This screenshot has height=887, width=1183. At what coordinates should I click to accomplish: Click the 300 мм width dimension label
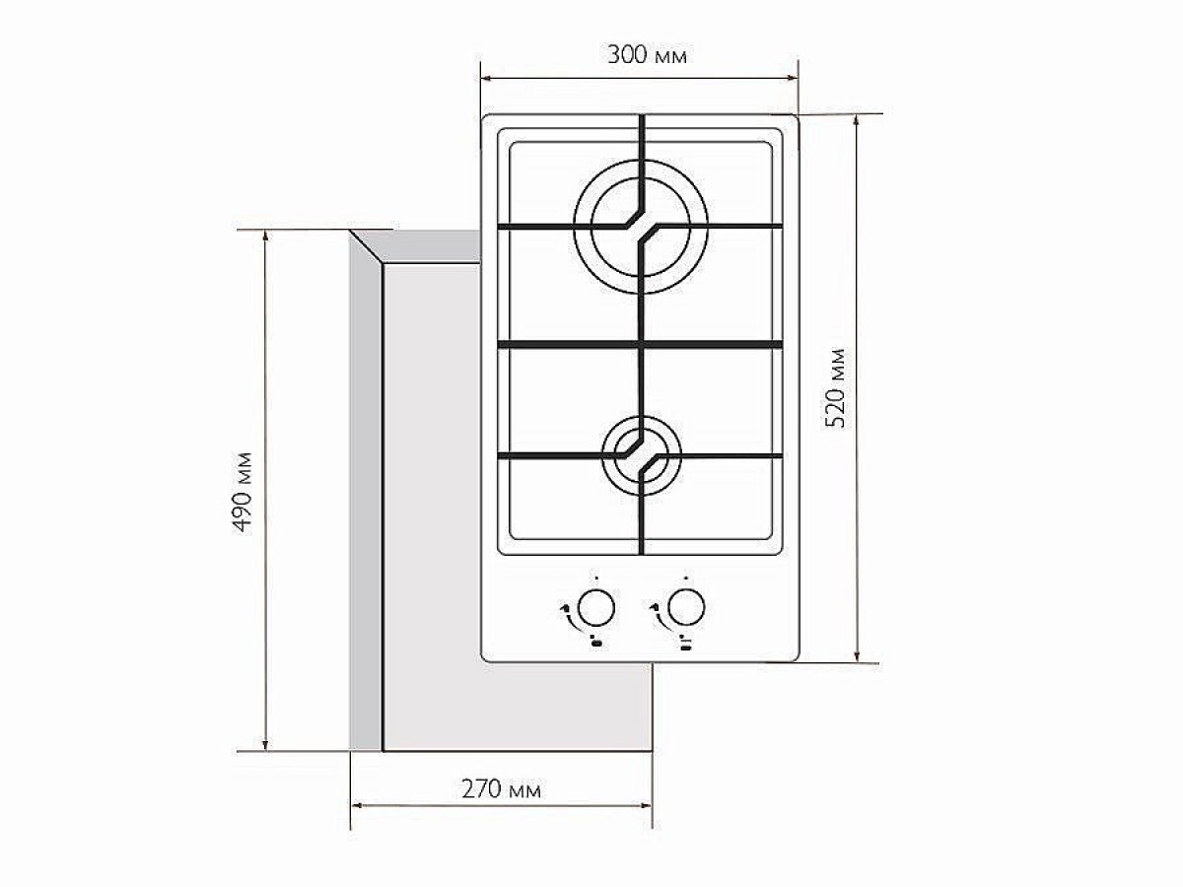tap(648, 55)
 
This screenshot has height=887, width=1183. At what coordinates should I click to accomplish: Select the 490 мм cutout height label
tap(244, 492)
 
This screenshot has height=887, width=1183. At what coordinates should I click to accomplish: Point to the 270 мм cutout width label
tap(501, 789)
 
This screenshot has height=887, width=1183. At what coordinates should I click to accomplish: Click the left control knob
tap(595, 608)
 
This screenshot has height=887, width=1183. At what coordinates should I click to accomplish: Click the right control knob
tap(686, 608)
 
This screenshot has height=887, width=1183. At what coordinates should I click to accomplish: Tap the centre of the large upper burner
tap(640, 227)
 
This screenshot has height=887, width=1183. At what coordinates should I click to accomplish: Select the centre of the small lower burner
tap(641, 456)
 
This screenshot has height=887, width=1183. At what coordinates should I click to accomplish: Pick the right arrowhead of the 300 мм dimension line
tap(792, 79)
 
